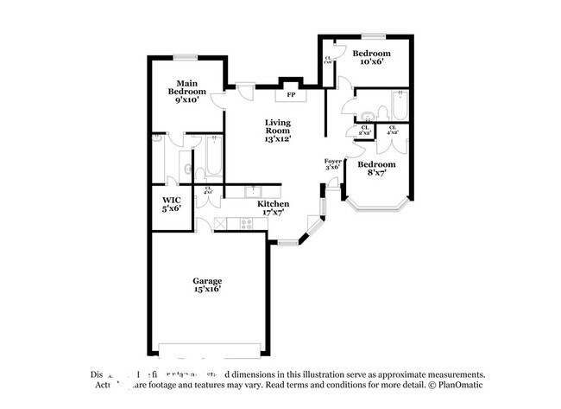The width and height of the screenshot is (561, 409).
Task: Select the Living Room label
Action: [277, 130]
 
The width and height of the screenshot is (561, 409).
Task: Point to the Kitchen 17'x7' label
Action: [273, 208]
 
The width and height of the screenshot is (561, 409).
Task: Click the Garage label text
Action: [207, 284]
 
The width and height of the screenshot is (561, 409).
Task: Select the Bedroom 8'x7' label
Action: [376, 168]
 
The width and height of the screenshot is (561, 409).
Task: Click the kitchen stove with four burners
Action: [246, 223]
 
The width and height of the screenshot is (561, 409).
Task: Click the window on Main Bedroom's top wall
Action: [186, 58]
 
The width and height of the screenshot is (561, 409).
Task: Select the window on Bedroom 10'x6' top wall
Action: [373, 36]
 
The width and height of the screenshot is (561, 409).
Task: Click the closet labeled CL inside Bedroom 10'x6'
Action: [328, 61]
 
